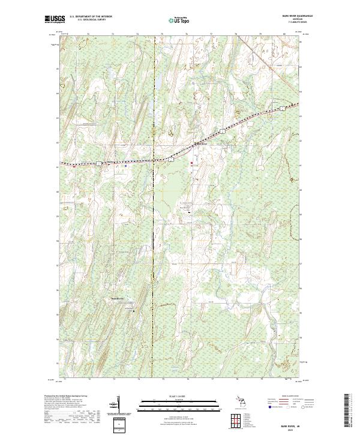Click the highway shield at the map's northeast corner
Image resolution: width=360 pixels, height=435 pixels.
click(282, 109)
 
